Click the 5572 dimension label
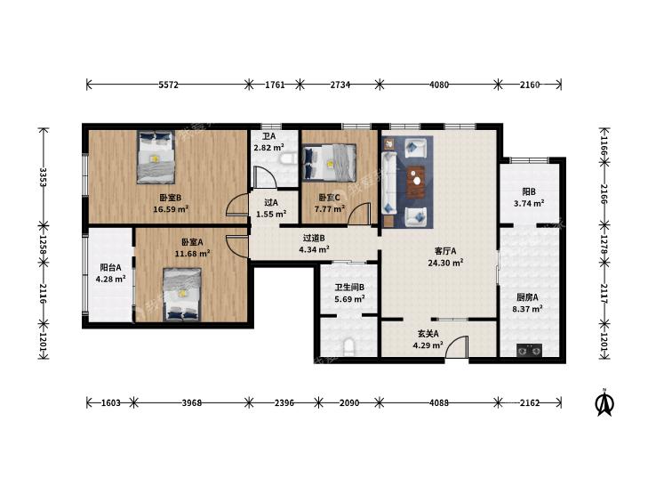coord(168,85)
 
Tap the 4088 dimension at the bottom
coord(439,402)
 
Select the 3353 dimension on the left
coord(42,177)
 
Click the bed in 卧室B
coord(156,158)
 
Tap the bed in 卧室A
coord(182,294)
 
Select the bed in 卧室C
coord(329,163)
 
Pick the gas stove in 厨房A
coord(530,351)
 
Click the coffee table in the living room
coord(416,182)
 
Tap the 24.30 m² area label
coord(445,263)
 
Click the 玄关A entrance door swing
coord(457,346)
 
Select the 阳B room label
coord(529,191)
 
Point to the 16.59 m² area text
coord(171,209)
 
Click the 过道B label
coord(314,238)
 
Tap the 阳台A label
coord(111,267)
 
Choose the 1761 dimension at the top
coord(275,85)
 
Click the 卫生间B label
coord(349,287)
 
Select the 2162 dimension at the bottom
coord(530,402)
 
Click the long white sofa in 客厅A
coord(388,183)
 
